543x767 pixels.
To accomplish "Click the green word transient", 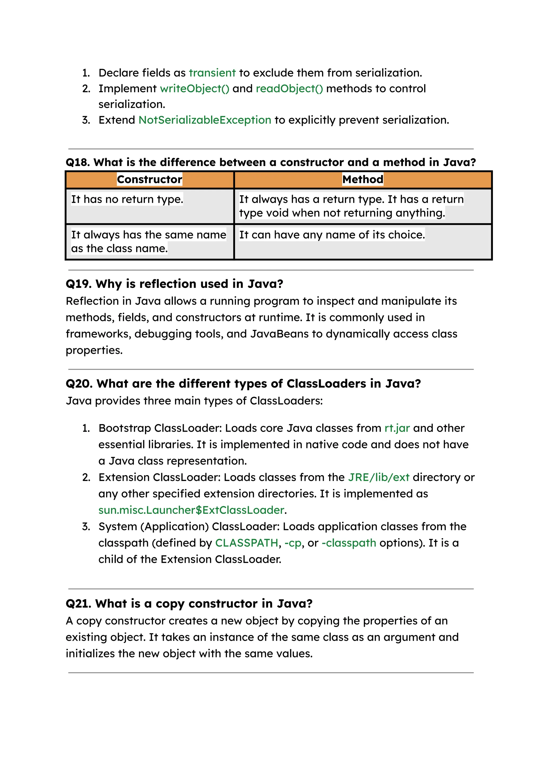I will [x=212, y=73].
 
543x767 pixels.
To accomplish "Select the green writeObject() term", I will [x=195, y=89].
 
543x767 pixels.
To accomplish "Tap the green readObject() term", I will [x=289, y=89].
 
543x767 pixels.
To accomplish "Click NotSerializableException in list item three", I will [x=205, y=120].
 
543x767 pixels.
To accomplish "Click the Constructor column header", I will [x=150, y=179].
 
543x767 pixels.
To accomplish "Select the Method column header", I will [x=363, y=179].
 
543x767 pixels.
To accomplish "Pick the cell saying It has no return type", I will [x=127, y=199].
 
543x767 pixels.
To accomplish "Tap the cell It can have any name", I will [x=332, y=235].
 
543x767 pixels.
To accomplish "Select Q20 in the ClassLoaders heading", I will [x=79, y=383].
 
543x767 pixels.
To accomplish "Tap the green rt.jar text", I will [x=397, y=428].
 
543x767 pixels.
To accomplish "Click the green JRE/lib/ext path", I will [x=379, y=477].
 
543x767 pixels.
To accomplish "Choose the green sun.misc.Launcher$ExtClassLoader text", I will [x=191, y=510].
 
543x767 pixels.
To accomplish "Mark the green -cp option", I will [x=293, y=543].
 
